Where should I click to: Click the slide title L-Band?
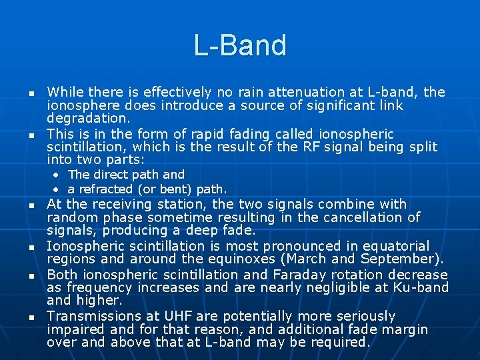click(240, 45)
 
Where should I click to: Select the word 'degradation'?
click(88, 118)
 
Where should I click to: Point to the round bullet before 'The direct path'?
click(58, 175)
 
